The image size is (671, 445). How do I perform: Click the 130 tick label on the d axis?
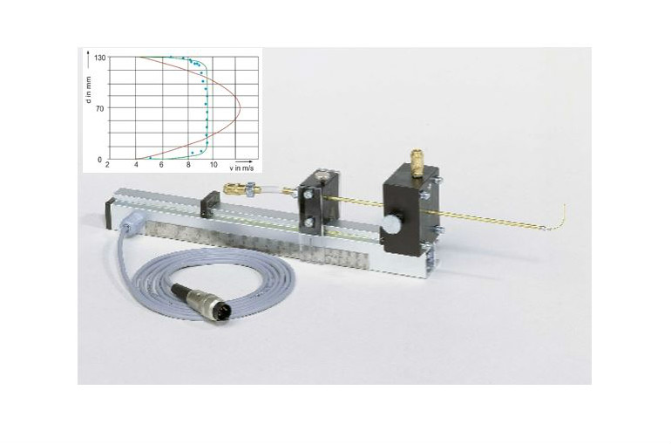pyautogui.click(x=101, y=58)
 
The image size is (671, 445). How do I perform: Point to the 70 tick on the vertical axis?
pyautogui.click(x=99, y=109)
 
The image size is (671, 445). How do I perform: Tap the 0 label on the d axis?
pyautogui.click(x=99, y=160)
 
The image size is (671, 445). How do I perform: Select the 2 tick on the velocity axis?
pyautogui.click(x=107, y=165)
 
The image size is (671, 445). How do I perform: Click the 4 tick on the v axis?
pyautogui.click(x=136, y=165)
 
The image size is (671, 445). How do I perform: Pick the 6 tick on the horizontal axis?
pyautogui.click(x=161, y=165)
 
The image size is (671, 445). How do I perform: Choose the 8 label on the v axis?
pyautogui.click(x=188, y=165)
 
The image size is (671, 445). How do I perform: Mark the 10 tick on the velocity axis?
pyautogui.click(x=213, y=165)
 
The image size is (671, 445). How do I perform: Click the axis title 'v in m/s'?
pyautogui.click(x=241, y=168)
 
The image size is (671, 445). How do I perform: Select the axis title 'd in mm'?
pyautogui.click(x=89, y=90)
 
